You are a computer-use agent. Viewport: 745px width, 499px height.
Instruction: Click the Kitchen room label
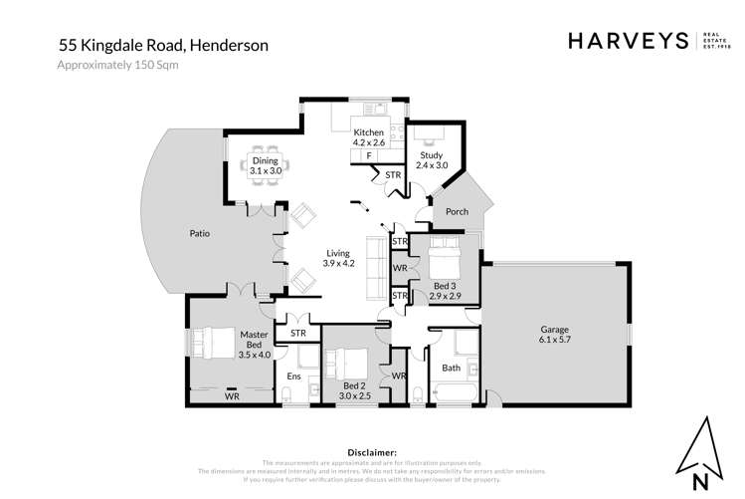368,132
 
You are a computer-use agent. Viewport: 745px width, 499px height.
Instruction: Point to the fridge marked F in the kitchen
369,156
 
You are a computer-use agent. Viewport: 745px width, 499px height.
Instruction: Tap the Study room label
431,154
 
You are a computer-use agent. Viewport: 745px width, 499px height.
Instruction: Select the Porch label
457,211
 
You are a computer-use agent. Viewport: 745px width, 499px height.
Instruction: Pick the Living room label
339,253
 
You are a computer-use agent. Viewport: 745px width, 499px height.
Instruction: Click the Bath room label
452,367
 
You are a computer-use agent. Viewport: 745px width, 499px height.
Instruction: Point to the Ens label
293,375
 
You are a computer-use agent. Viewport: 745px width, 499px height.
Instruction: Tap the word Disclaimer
368,452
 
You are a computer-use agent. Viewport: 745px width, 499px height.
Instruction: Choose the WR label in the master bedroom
232,395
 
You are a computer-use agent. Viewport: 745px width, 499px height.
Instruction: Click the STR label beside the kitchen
392,175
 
